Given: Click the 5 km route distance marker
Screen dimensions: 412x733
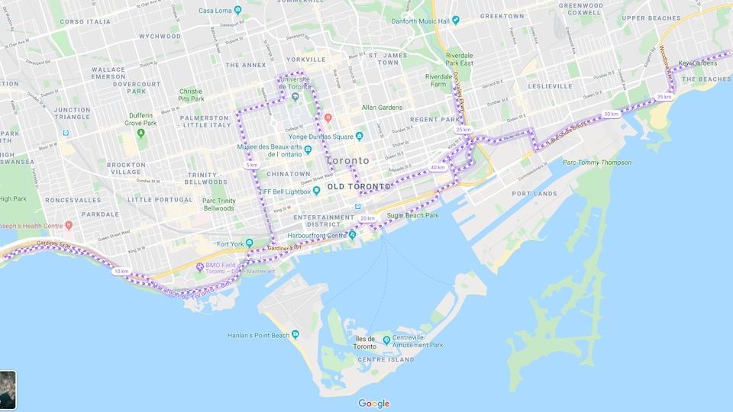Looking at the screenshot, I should point(251,165).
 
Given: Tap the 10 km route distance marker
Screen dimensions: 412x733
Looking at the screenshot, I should point(121,271).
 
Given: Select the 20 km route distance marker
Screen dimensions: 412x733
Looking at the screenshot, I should point(367,218).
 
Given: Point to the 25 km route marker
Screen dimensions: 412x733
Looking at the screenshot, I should point(463,130).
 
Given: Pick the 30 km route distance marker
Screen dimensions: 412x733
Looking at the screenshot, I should point(611,114).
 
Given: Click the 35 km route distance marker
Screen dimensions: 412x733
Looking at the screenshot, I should point(664,97).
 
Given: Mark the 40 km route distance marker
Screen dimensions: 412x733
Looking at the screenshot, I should point(438,167).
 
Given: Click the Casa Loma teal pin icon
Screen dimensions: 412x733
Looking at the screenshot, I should point(237,11).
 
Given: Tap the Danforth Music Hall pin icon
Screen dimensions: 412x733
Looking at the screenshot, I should point(456,20).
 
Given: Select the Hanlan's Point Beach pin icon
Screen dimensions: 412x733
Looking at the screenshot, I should point(295,334).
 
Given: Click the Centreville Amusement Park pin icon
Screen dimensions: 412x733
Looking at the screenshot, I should point(386,340).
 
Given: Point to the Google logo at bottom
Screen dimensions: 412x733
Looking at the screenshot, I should point(374,404).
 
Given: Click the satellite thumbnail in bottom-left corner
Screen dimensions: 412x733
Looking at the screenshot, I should point(7,385).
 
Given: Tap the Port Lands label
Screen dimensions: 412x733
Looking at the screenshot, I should point(532,194).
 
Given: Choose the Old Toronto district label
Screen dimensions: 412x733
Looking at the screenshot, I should point(358,186).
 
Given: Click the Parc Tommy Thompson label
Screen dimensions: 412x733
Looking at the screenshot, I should point(597,162).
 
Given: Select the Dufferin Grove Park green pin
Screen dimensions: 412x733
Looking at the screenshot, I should point(141,133).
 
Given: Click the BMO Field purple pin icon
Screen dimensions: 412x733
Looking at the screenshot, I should point(199,266).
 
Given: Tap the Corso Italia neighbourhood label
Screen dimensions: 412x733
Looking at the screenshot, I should point(85,21).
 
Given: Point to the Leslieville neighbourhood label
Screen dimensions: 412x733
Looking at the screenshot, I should point(550,86).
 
